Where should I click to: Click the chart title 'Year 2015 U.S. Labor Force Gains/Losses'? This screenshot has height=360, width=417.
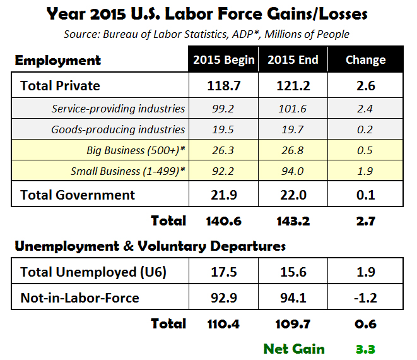click(x=208, y=13)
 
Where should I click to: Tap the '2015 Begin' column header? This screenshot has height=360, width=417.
click(x=223, y=61)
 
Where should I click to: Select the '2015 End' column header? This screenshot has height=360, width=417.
click(x=293, y=61)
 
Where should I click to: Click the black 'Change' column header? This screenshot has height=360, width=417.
click(x=365, y=61)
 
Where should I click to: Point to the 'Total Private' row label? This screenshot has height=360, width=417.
click(x=61, y=85)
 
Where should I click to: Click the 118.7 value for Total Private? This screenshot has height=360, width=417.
click(x=223, y=85)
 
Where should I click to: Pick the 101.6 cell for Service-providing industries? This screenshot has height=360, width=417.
click(x=293, y=109)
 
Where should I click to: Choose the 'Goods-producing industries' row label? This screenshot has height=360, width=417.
click(x=119, y=129)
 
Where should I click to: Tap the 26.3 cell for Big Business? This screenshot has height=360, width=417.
click(x=223, y=150)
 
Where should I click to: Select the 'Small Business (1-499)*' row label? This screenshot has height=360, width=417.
click(x=128, y=171)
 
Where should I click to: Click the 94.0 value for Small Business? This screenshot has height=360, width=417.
click(x=293, y=171)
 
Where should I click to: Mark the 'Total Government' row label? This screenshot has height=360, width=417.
click(x=78, y=195)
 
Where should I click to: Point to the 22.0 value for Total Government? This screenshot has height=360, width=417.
click(x=293, y=195)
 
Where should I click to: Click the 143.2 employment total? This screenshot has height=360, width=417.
click(x=293, y=220)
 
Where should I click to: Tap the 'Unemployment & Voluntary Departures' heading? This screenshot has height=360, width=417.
click(x=150, y=245)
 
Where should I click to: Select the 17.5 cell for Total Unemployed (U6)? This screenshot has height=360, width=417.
click(x=223, y=272)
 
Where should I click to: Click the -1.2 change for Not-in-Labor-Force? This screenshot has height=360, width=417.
click(x=365, y=297)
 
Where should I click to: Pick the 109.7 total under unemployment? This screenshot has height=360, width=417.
click(x=293, y=324)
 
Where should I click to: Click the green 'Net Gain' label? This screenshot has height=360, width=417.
click(x=294, y=348)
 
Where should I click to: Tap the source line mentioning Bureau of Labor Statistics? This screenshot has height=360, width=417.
click(x=208, y=33)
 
